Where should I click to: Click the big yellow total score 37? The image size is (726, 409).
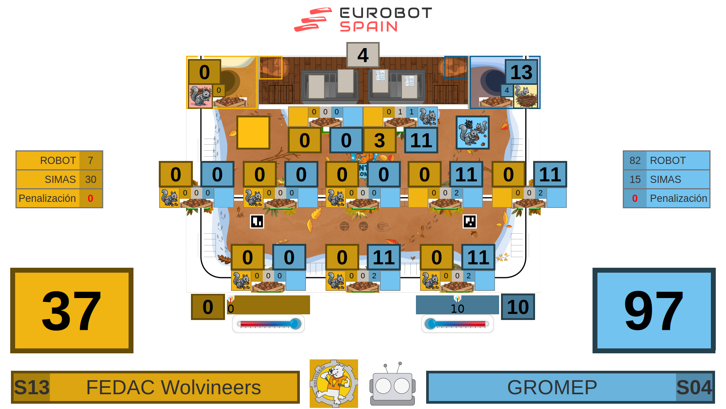[x=72, y=311]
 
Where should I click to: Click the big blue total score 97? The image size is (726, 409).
[x=654, y=311]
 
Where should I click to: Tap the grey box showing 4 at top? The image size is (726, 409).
[x=363, y=55]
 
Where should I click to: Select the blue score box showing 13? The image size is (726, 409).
[x=521, y=72]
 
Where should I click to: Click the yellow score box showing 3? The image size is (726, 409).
[x=379, y=140]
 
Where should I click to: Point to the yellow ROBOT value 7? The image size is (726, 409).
[x=90, y=161]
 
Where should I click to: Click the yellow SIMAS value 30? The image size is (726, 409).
[x=90, y=180]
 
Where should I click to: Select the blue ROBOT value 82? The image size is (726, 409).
[x=635, y=161]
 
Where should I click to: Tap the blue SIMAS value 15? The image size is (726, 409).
[x=635, y=180]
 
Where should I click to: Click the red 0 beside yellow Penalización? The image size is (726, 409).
[x=90, y=198]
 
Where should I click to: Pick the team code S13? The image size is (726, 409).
[x=32, y=387]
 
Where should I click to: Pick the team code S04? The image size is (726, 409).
[x=694, y=387]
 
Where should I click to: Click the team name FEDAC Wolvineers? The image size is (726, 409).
[x=174, y=387]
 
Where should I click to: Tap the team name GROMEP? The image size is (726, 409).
[x=552, y=387]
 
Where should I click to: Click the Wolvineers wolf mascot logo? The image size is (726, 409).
[x=334, y=383]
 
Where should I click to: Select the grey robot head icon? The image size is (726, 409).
[x=392, y=385]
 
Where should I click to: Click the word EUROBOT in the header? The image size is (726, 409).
[x=386, y=13]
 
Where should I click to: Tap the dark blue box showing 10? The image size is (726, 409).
[x=518, y=307]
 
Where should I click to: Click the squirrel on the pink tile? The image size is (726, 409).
[x=200, y=96]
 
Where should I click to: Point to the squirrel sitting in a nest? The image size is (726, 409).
[x=525, y=96]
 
